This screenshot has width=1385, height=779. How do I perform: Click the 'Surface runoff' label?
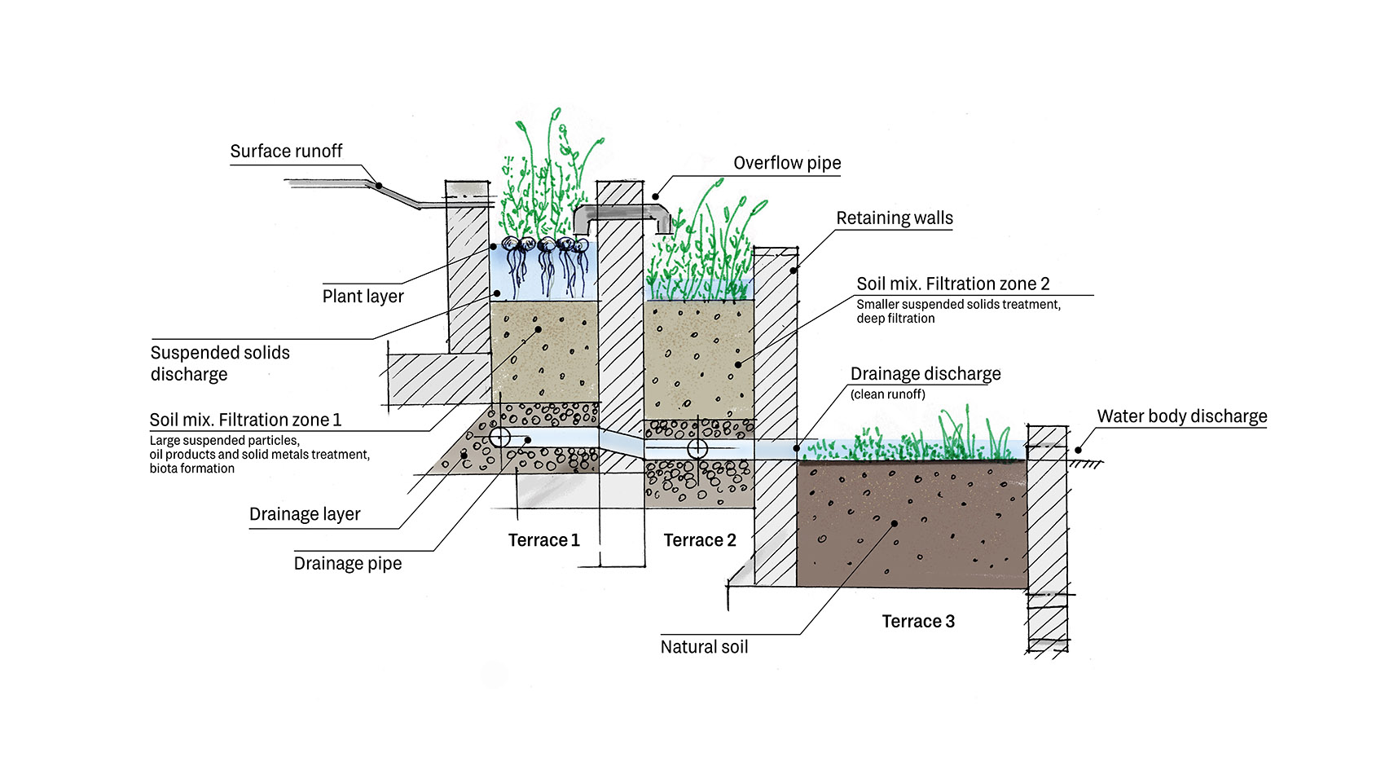tap(286, 152)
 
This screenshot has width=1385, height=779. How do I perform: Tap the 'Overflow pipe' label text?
tap(787, 163)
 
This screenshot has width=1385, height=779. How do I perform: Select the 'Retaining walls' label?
tap(894, 218)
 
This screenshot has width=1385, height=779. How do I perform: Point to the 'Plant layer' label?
tap(363, 297)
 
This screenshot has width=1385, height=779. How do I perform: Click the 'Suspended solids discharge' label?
tap(220, 363)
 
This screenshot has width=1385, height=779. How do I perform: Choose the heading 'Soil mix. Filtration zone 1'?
tap(245, 420)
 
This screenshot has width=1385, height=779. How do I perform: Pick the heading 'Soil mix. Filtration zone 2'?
tap(952, 284)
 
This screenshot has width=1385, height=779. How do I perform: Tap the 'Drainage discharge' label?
tap(926, 374)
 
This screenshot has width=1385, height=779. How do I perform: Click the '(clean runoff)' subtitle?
tap(887, 394)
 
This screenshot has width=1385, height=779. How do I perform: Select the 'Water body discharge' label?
tap(1181, 416)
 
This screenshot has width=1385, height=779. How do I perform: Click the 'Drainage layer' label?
tap(305, 514)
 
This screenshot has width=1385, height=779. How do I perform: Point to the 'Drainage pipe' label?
tap(348, 564)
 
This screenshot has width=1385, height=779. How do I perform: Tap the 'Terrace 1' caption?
tap(543, 540)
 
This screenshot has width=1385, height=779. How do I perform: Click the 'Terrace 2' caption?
tap(699, 540)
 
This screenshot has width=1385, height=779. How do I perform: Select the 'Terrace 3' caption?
tap(918, 622)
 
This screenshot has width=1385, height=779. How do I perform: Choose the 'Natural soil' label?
tap(704, 647)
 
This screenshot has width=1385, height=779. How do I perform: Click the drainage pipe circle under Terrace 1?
tap(499, 438)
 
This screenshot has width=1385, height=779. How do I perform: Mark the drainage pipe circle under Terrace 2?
tap(697, 448)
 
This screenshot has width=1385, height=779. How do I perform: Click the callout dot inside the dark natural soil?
tap(894, 523)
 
